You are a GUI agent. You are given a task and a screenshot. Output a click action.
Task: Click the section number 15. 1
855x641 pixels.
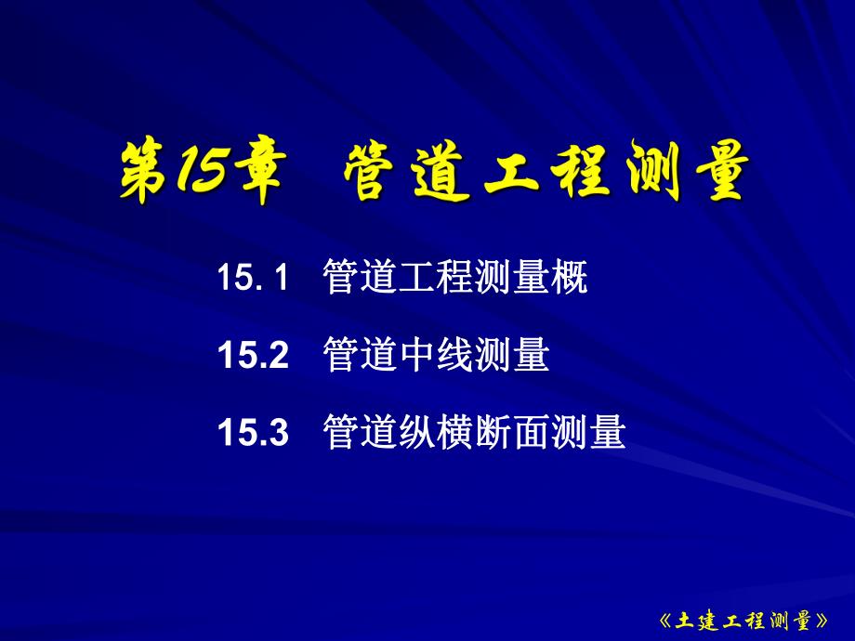point(254,278)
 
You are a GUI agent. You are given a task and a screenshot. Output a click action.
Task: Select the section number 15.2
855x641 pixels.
point(254,356)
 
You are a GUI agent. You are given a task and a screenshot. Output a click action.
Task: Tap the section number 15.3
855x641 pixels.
point(254,433)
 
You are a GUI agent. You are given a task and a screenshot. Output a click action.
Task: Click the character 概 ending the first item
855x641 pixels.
point(569,278)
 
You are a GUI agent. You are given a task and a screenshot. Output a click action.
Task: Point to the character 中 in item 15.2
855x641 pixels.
point(416,356)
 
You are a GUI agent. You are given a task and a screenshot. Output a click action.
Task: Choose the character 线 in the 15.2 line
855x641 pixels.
point(454,356)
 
